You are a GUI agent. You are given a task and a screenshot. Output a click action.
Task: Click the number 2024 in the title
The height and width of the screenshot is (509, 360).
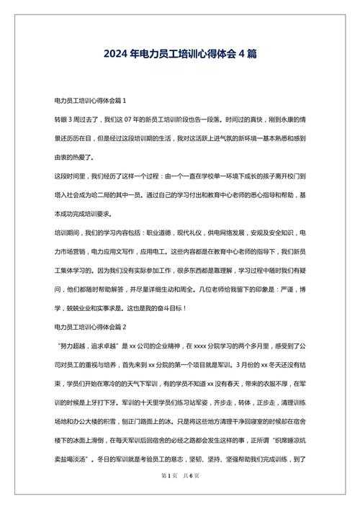click(117, 55)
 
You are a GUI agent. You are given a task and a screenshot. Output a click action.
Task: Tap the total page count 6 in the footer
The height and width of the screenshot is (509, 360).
click(190, 496)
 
